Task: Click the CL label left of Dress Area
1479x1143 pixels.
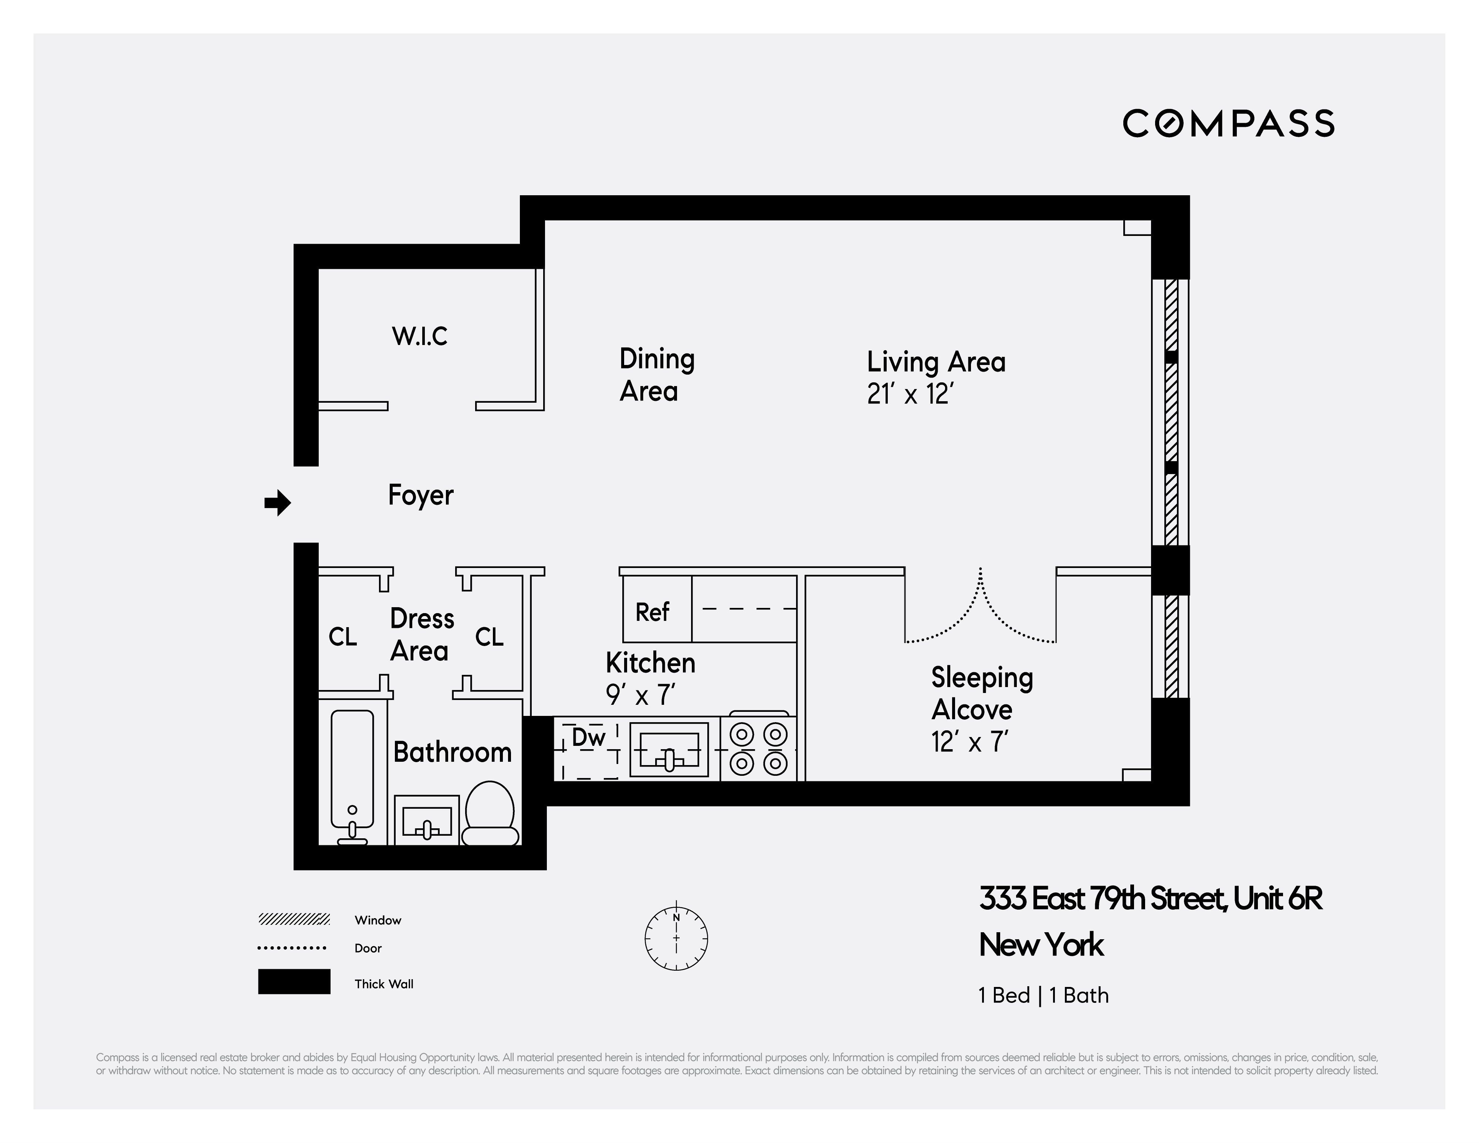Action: [x=343, y=637]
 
